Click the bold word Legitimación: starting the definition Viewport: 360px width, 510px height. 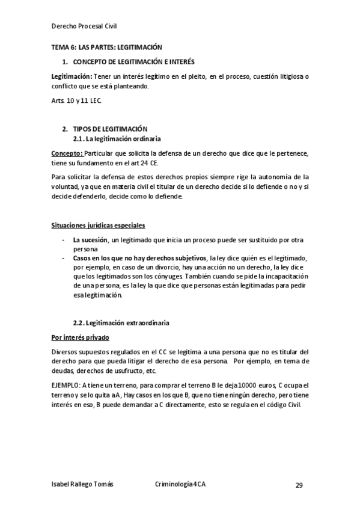(x=72, y=77)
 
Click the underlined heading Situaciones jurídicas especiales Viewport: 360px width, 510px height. (x=98, y=226)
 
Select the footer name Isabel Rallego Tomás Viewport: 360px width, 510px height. (x=82, y=484)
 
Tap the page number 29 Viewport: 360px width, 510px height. (x=299, y=485)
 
